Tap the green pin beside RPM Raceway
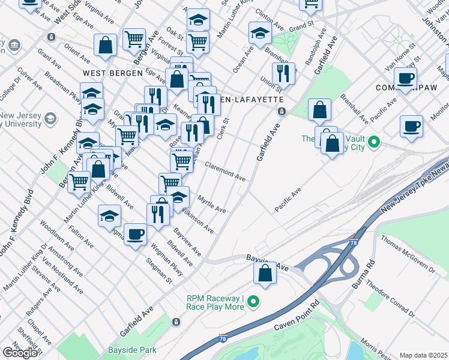(253, 302)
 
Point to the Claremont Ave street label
(225, 172)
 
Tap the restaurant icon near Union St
(283, 74)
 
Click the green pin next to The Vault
(374, 143)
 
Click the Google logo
(20, 352)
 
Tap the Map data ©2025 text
(423, 355)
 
